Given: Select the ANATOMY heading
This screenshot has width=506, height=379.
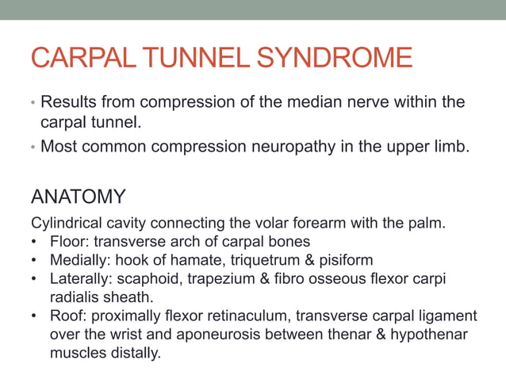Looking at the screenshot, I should [77, 196].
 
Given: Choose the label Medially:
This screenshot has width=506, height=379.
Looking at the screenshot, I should [80, 260].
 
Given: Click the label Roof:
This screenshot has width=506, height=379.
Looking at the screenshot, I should [67, 316].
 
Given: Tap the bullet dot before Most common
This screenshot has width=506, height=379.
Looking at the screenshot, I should [33, 147].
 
